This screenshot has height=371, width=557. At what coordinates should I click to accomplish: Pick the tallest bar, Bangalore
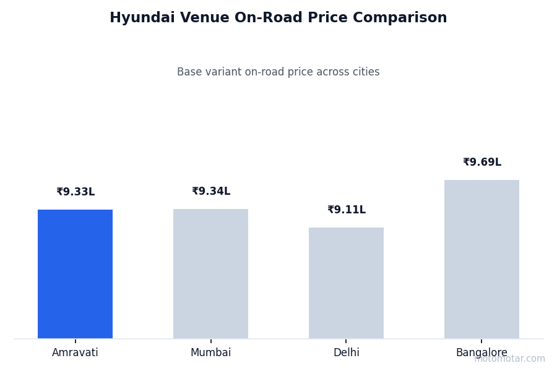tap(481, 259)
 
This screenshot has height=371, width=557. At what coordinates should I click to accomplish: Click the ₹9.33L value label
tap(76, 192)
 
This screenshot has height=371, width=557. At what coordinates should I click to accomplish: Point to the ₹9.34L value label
tap(211, 192)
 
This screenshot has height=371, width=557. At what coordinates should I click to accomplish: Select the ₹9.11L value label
tap(347, 210)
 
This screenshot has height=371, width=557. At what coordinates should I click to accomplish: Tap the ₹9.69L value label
tap(482, 163)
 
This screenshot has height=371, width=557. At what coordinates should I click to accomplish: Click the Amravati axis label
tap(75, 353)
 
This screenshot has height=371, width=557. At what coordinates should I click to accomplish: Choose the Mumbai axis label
tap(210, 353)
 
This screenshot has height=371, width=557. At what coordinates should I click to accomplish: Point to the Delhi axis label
tap(346, 353)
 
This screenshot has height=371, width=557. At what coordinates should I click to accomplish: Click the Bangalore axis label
tap(481, 353)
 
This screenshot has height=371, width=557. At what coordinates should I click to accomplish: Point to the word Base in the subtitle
tap(189, 72)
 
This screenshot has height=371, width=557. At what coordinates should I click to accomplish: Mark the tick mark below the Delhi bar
tap(346, 341)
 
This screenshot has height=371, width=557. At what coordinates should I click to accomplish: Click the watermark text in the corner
tap(510, 359)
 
